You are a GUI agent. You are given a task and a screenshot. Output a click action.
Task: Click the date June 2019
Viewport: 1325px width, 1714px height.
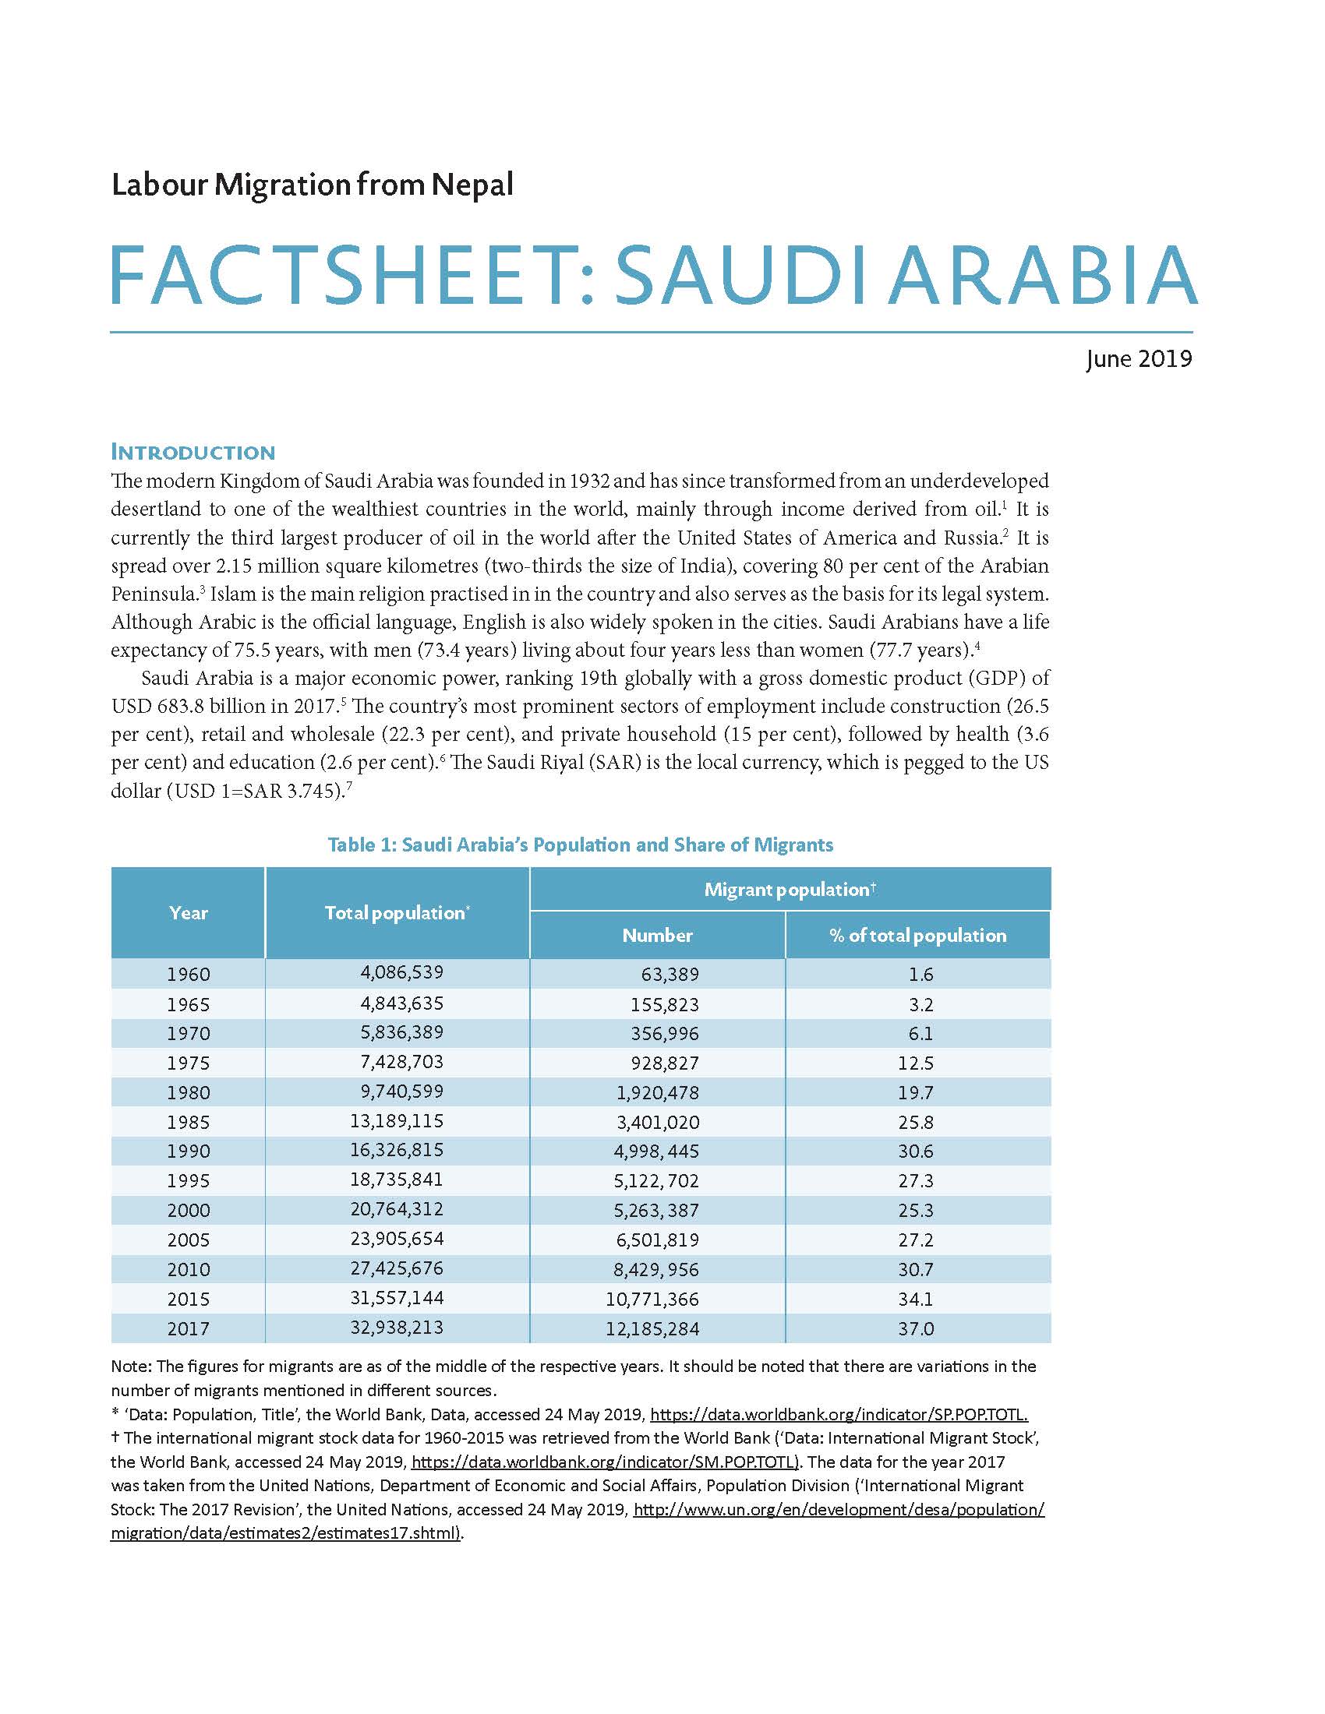(x=1138, y=358)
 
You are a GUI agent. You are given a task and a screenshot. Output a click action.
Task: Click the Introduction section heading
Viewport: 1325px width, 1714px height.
(x=193, y=452)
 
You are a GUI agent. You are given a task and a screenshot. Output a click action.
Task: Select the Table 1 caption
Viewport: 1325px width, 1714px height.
(x=580, y=845)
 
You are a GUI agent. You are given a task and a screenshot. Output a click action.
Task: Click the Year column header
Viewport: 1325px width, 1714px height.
(x=189, y=913)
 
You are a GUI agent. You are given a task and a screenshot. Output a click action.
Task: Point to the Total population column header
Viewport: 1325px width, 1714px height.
(x=397, y=913)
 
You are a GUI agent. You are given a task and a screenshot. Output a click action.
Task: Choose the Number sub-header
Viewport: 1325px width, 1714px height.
(x=657, y=936)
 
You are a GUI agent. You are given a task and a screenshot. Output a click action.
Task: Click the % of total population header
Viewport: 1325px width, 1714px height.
(x=917, y=936)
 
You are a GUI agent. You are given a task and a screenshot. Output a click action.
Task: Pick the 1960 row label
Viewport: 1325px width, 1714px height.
(x=189, y=974)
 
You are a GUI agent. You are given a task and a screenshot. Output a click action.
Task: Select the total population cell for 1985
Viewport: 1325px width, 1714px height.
(x=397, y=1120)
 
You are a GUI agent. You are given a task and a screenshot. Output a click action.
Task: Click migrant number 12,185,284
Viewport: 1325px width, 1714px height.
(x=652, y=1328)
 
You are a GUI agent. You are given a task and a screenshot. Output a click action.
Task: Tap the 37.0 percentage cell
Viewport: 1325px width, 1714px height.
(x=917, y=1328)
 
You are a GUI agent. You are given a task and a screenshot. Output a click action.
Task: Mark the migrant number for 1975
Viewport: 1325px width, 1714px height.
(x=664, y=1063)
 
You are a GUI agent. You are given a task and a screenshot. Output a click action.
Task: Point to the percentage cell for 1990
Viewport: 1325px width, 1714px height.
(x=916, y=1151)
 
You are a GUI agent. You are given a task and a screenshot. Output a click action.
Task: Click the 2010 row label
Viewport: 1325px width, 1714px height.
(x=189, y=1269)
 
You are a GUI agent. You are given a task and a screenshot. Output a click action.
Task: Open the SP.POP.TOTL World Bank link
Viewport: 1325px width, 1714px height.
(x=839, y=1415)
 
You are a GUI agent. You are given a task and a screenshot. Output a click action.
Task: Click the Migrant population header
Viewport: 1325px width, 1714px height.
(x=789, y=889)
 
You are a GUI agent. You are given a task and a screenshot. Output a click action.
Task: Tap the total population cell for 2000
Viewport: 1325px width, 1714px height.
(x=397, y=1209)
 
